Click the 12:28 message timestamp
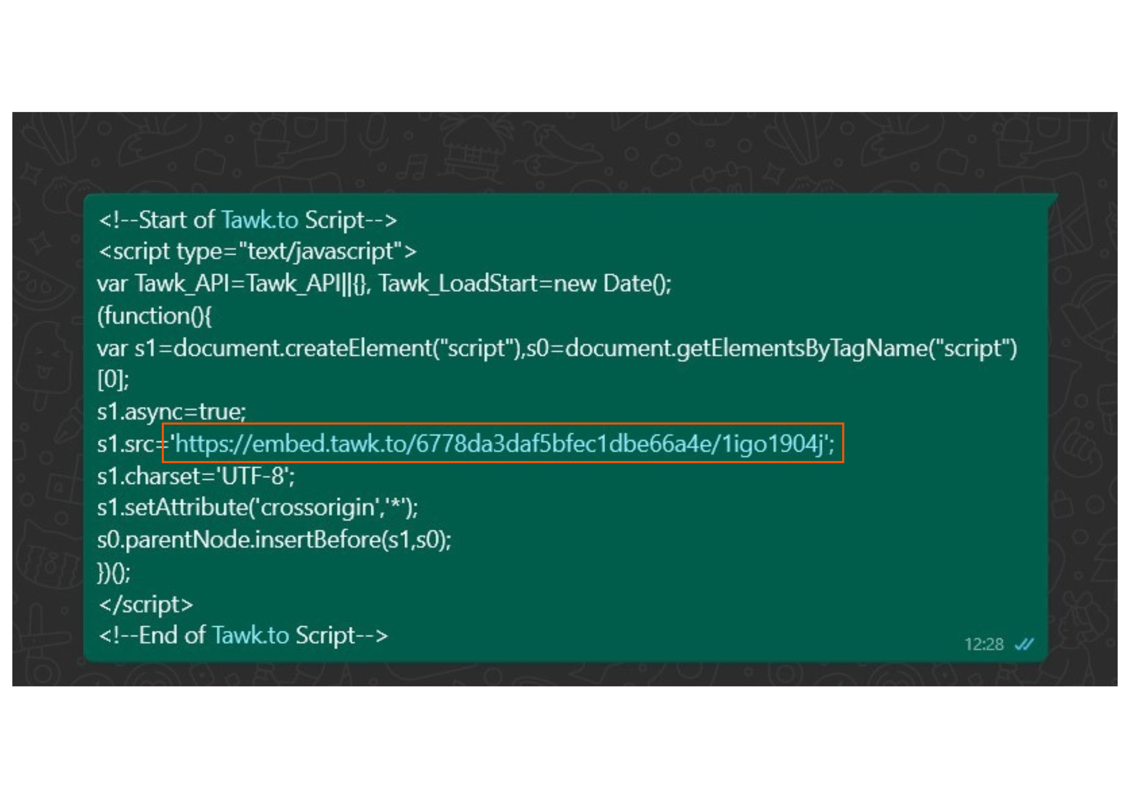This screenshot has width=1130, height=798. click(x=983, y=644)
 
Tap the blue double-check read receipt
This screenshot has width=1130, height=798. click(x=1024, y=644)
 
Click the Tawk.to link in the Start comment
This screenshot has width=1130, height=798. click(x=260, y=220)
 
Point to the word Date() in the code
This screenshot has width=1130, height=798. click(x=637, y=284)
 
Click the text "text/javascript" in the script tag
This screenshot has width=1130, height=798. click(x=321, y=251)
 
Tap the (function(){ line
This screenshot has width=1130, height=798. click(x=155, y=316)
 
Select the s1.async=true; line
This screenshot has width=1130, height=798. click(x=171, y=412)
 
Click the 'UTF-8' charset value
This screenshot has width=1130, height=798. click(x=254, y=476)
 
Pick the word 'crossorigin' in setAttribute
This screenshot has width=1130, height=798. click(x=318, y=508)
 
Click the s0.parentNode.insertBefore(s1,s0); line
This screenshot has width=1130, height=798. click(x=274, y=540)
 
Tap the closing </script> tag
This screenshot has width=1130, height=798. click(x=146, y=604)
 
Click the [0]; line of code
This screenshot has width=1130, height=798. click(x=113, y=380)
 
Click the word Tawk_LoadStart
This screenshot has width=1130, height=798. click(x=458, y=284)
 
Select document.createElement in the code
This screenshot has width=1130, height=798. click(x=303, y=348)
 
